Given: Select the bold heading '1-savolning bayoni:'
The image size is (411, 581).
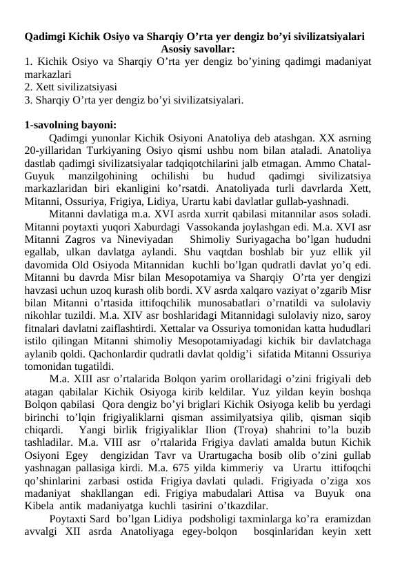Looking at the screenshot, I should (x=70, y=125).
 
